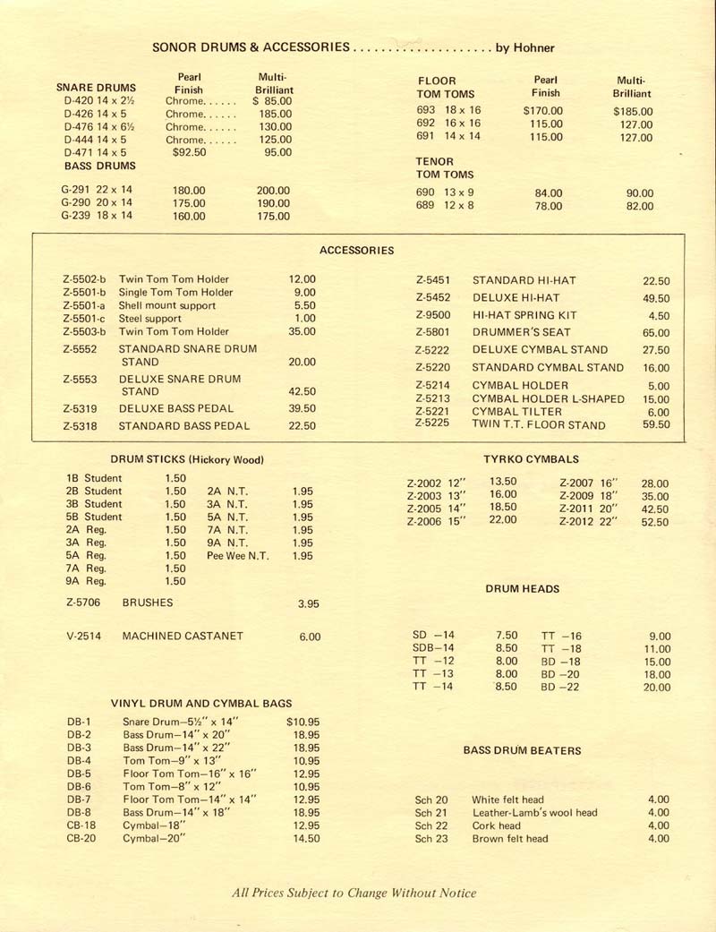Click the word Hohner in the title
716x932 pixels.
[533, 47]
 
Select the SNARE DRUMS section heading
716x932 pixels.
[96, 88]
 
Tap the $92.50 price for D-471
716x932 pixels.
[189, 153]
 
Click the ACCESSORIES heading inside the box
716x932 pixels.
[356, 251]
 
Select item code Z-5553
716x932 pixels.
[80, 380]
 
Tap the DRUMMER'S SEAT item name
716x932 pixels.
[513, 332]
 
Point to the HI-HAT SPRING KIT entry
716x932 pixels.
[524, 315]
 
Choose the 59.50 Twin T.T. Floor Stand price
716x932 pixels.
[655, 425]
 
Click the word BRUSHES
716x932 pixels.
[148, 603]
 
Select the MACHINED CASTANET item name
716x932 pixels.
[183, 637]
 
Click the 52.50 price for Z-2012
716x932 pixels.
[654, 523]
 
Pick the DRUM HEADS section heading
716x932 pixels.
[523, 589]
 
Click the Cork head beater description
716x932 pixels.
[496, 825]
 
